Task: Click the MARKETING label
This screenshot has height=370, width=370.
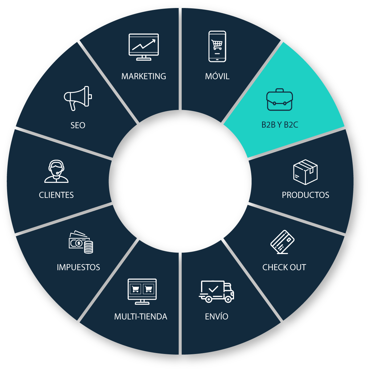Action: (x=144, y=76)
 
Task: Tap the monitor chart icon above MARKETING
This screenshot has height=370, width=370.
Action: (x=144, y=47)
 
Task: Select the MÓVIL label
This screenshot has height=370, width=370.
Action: (x=217, y=76)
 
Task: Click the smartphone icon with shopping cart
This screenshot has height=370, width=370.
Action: (x=217, y=47)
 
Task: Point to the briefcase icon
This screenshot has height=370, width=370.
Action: (x=279, y=100)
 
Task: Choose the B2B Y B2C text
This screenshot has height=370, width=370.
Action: (x=280, y=125)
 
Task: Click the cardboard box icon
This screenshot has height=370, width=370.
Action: (x=305, y=172)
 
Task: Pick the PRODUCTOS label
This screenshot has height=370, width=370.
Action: (x=306, y=195)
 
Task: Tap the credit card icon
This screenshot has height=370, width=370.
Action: (x=282, y=242)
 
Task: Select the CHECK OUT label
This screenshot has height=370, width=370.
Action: (x=284, y=267)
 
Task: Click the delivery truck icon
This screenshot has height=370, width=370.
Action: (x=216, y=291)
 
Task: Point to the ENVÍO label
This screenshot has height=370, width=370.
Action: (x=217, y=317)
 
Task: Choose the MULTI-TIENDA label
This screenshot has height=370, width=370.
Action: (x=141, y=317)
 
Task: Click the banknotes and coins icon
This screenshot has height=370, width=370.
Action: (x=81, y=242)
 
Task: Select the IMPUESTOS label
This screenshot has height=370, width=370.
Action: (x=78, y=267)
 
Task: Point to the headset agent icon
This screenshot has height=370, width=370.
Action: (x=56, y=171)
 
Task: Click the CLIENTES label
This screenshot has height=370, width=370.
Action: (x=56, y=195)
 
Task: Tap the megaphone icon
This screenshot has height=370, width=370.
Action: (x=78, y=98)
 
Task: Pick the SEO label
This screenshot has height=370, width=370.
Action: (x=78, y=125)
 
